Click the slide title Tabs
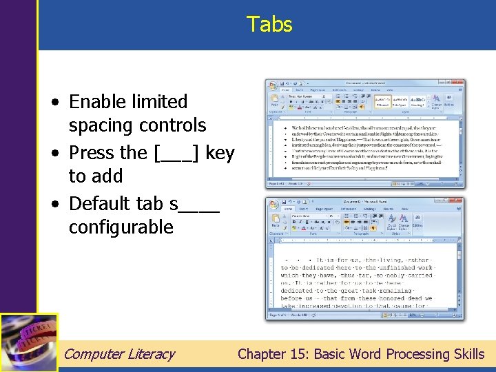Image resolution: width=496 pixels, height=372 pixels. [269, 25]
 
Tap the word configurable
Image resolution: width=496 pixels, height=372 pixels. [121, 227]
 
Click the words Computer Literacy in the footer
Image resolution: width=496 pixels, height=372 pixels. [119, 354]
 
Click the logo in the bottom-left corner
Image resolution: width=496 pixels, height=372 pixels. [29, 342]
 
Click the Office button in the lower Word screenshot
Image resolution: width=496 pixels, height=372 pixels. [273, 205]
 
